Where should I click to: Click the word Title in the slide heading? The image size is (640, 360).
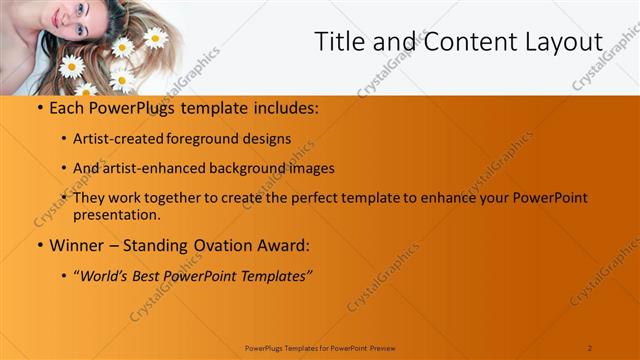(x=339, y=42)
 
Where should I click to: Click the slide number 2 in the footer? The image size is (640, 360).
(x=590, y=347)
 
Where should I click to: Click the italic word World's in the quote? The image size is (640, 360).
(x=110, y=273)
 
